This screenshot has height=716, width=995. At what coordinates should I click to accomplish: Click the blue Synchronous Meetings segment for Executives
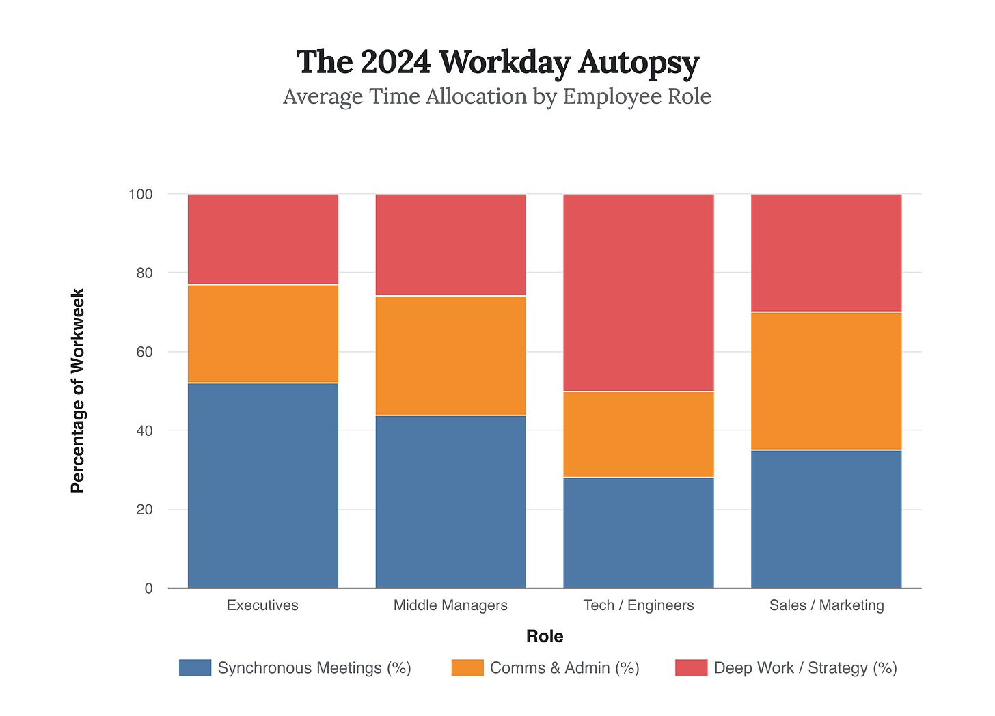[x=263, y=485]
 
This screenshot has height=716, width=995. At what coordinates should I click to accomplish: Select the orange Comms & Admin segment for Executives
[x=263, y=333]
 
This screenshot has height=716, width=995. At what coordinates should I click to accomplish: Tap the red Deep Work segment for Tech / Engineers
[x=638, y=292]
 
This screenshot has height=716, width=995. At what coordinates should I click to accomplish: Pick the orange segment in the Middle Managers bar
[x=451, y=355]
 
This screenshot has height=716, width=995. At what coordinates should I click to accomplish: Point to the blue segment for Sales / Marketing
[x=826, y=519]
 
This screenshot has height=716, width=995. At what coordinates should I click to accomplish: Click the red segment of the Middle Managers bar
[x=451, y=245]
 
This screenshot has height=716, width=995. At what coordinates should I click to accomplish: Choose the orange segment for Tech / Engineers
[x=638, y=434]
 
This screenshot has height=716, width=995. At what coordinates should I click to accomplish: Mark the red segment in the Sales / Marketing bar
[x=826, y=253]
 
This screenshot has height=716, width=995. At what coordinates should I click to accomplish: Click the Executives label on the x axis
[x=262, y=605]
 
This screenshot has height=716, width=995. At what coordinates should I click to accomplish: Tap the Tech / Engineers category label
[x=638, y=605]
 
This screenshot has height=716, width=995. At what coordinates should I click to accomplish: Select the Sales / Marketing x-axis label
[x=826, y=605]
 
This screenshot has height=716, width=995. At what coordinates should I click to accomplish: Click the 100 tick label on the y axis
[x=140, y=194]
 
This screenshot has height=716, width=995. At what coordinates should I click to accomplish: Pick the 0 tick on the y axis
[x=148, y=588]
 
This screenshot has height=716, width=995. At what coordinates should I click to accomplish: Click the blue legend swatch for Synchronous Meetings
[x=195, y=667]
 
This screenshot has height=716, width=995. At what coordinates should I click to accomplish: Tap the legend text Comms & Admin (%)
[x=564, y=667]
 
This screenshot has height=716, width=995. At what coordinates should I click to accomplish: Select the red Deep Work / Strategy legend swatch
[x=691, y=667]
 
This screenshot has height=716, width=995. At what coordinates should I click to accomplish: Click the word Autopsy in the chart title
[x=638, y=62]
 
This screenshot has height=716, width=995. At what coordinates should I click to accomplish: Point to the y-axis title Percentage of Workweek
[x=78, y=391]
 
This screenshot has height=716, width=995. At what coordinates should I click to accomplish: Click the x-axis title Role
[x=545, y=637]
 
